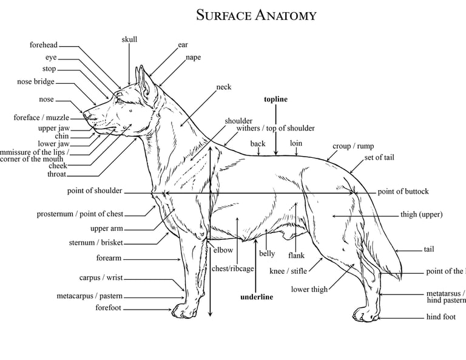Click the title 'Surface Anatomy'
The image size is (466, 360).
coord(256,15)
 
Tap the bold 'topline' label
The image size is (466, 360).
coord(275,100)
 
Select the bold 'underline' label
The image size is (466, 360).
coord(257,297)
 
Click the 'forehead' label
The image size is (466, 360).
coord(44,45)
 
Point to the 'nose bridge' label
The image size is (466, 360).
coord(35,82)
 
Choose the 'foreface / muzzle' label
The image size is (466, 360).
coord(41,118)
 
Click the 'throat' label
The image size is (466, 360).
coord(57,174)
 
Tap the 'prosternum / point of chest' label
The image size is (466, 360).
coord(79,214)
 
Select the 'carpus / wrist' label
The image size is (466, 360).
coord(101,278)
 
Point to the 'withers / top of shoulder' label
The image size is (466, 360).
coord(275,128)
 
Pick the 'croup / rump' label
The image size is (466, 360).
coord(353,146)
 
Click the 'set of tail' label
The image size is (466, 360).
coord(379,158)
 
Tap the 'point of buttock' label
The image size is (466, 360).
coord(403,192)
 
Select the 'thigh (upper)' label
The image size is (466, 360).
coord(421,214)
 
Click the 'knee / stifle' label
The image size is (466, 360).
coord(288,271)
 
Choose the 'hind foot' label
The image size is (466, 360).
coord(441,317)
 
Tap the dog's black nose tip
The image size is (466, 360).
coord(86,114)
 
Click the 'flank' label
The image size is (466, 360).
coord(296,256)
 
